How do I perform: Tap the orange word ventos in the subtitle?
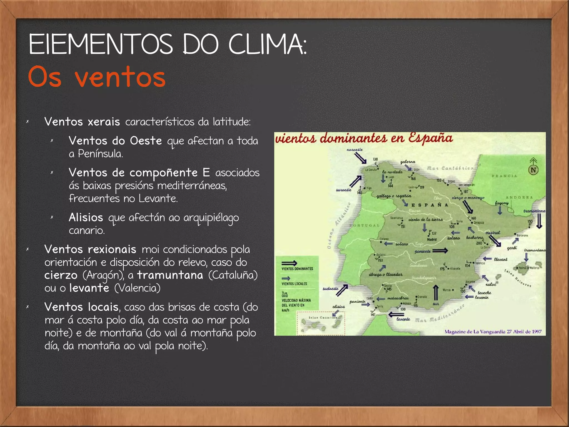[x=120, y=77]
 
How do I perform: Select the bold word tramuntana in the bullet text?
[x=170, y=275]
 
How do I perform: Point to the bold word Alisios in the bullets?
[x=86, y=218]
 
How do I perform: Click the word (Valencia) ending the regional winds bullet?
[x=138, y=288]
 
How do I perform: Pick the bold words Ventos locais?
[x=81, y=307]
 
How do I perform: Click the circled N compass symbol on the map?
[x=533, y=170]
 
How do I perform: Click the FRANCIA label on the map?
[x=504, y=176]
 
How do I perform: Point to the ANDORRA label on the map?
[x=519, y=198]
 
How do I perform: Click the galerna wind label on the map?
[x=408, y=162]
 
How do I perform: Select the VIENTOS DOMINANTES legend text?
[x=297, y=269]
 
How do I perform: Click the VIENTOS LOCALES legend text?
[x=294, y=284]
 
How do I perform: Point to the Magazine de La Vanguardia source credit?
[x=493, y=331]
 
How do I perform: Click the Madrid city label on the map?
[x=432, y=239]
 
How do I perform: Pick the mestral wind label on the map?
[x=493, y=233]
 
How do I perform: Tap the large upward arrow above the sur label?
[x=436, y=292]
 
